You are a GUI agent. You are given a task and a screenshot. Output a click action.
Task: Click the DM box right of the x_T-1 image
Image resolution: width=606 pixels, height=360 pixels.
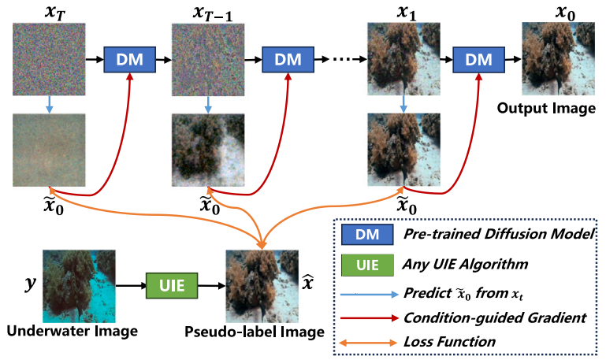[287, 59]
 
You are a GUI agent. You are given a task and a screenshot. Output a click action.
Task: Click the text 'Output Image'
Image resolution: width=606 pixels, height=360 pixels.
[547, 108]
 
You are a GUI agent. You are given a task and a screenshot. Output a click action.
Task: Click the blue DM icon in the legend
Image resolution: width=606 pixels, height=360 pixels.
[369, 234]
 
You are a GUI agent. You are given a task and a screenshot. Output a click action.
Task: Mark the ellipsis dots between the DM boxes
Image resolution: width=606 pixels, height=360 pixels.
[340, 60]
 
